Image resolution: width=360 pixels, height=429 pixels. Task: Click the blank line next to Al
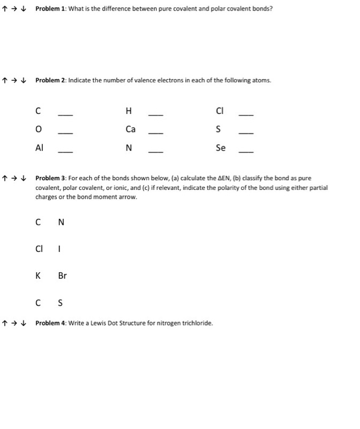point(65,151)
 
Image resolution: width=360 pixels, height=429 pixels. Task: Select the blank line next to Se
point(246,151)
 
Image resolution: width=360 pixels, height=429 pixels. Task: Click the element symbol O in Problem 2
point(39,129)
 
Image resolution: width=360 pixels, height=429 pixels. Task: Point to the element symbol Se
point(220,148)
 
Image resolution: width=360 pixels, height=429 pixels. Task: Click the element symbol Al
point(39,148)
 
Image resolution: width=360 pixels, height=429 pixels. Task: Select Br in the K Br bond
point(62,276)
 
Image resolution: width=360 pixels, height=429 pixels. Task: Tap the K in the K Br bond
point(38,276)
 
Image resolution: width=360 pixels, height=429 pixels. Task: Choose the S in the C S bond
point(60,302)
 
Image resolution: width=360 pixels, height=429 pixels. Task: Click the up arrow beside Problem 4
point(6,322)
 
